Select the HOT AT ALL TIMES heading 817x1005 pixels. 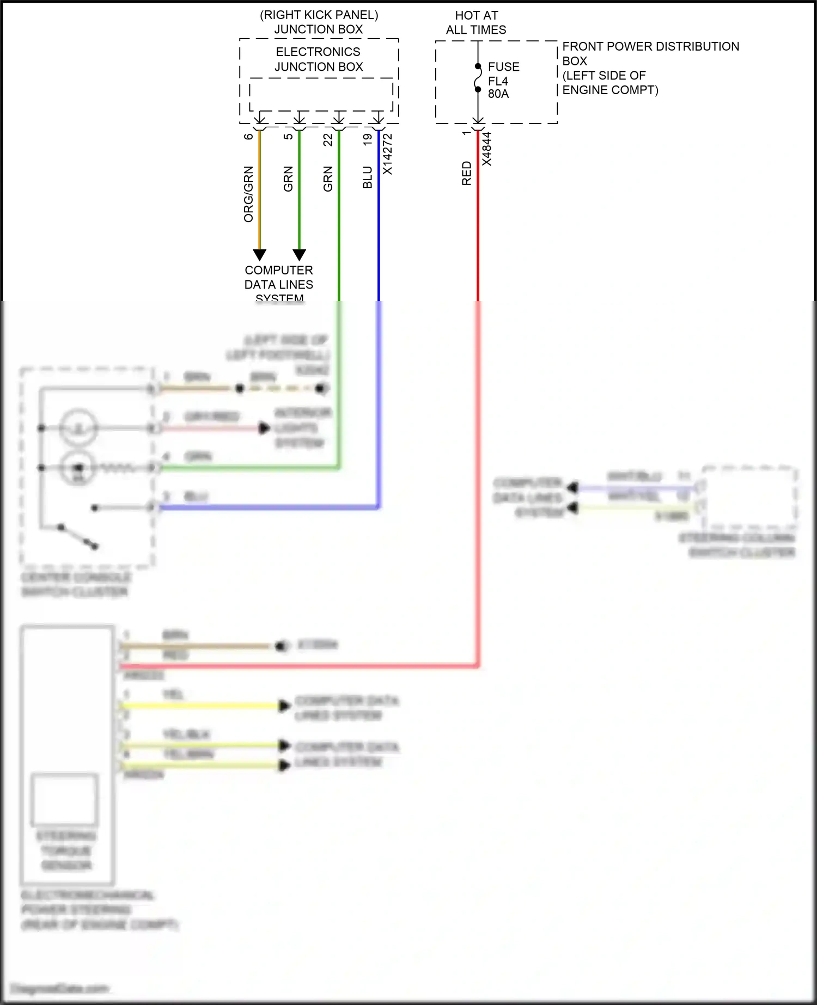(476, 22)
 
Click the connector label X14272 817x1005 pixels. (387, 155)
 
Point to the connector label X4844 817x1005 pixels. (486, 149)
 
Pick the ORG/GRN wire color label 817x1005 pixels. (248, 194)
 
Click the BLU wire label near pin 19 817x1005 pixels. (368, 177)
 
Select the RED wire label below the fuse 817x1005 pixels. (467, 173)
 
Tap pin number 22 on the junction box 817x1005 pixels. (328, 140)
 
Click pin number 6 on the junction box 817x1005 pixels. (248, 137)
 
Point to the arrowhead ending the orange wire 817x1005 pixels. (260, 255)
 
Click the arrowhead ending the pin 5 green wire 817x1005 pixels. (299, 255)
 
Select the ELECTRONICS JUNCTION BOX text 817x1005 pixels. (319, 59)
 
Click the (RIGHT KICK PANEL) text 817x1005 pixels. (319, 15)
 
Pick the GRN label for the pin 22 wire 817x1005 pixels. (328, 179)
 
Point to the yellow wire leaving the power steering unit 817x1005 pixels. (202, 706)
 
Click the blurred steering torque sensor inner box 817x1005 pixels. (65, 799)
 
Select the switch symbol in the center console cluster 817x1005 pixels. (77, 536)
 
